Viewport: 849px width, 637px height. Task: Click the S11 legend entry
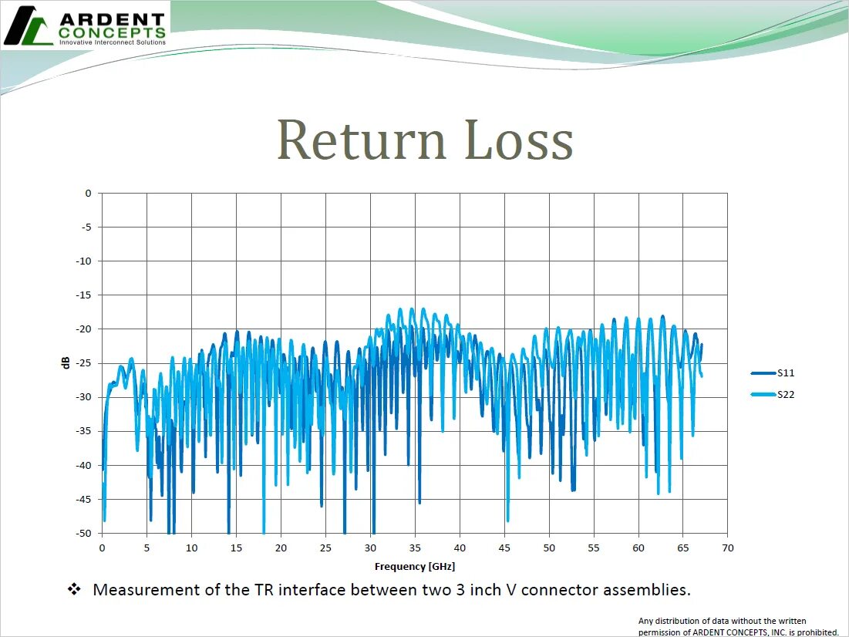click(x=785, y=373)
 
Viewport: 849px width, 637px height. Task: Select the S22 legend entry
click(x=785, y=395)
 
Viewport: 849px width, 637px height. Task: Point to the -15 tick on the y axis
click(x=85, y=295)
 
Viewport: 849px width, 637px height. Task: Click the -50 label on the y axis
click(x=85, y=533)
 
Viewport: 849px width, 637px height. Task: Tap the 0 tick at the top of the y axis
click(x=88, y=193)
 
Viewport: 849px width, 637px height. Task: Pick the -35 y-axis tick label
click(x=85, y=431)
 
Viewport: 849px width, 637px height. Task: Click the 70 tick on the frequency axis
click(x=727, y=548)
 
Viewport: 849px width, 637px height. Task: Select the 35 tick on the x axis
click(x=415, y=548)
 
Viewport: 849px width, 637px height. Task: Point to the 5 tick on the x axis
click(x=147, y=548)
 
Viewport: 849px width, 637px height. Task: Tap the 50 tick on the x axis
click(x=548, y=548)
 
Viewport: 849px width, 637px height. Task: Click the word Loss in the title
click(x=520, y=141)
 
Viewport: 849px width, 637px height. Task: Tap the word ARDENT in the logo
click(x=112, y=19)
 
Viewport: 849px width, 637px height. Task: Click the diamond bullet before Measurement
click(x=74, y=590)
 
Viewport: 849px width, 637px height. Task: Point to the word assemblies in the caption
click(x=645, y=591)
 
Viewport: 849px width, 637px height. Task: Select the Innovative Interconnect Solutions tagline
click(x=112, y=42)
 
